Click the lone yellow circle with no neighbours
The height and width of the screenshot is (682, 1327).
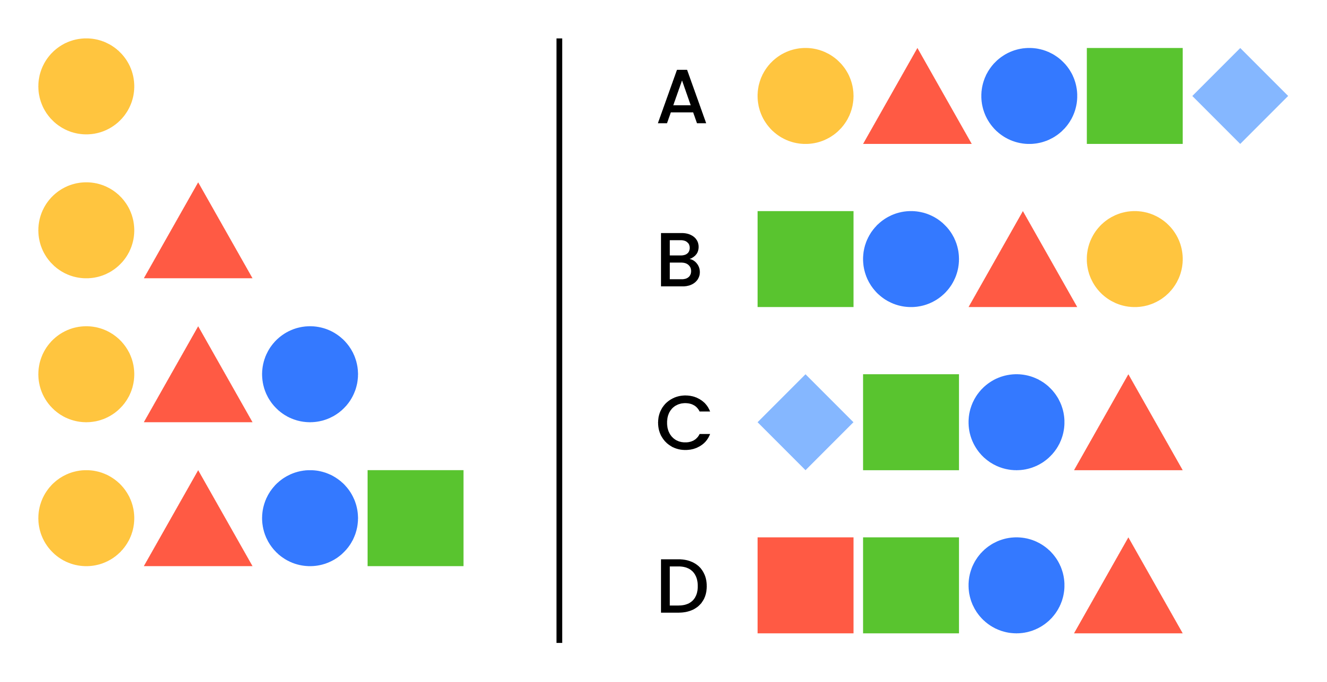86,86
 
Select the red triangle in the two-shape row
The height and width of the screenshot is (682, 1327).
198,242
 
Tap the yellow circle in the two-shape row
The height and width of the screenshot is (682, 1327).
86,230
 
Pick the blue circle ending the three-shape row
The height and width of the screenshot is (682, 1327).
310,374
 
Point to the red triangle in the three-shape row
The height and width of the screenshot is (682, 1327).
198,387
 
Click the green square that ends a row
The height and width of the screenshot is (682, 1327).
415,518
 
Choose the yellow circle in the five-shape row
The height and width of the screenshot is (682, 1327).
805,96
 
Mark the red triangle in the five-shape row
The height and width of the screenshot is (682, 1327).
917,108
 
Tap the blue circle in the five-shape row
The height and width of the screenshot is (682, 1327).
1029,96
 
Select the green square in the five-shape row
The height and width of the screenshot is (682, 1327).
1134,96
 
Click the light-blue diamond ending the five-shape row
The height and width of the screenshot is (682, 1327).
1240,96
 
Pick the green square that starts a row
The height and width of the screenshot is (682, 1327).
805,259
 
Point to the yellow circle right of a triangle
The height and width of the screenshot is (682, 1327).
1134,259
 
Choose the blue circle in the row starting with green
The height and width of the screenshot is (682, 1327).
911,259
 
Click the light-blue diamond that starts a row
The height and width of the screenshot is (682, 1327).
805,422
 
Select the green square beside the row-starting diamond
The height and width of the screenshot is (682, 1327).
911,422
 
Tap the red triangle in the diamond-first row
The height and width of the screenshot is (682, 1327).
1128,435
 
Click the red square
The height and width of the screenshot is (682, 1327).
805,585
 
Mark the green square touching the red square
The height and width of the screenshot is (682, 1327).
911,585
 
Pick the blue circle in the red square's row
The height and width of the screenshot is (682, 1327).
1016,585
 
